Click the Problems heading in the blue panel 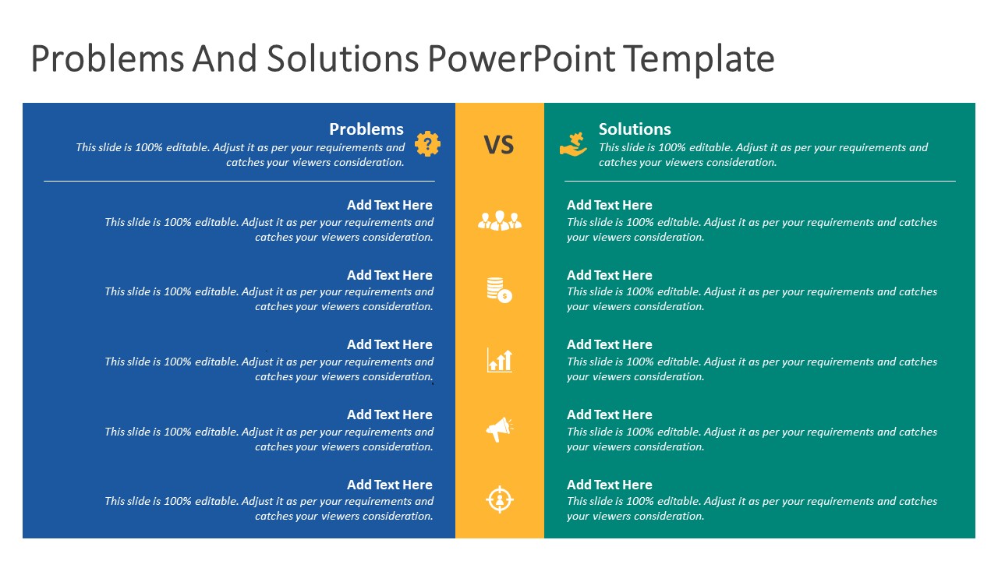coord(366,129)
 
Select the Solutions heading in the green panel coord(635,129)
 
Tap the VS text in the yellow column coord(499,145)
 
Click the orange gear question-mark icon coord(427,144)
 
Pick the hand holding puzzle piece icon coord(573,145)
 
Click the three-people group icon coord(499,221)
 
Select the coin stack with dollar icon coord(499,290)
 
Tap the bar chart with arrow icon coord(499,360)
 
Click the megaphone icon coord(499,429)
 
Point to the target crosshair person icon coord(499,499)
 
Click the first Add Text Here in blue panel coord(389,205)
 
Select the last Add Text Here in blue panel coord(389,485)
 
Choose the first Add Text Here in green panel coord(609,205)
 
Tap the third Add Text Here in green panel coord(609,344)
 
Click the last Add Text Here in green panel coord(609,485)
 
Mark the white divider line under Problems coord(239,181)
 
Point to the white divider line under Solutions coord(759,181)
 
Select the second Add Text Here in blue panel coord(389,275)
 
